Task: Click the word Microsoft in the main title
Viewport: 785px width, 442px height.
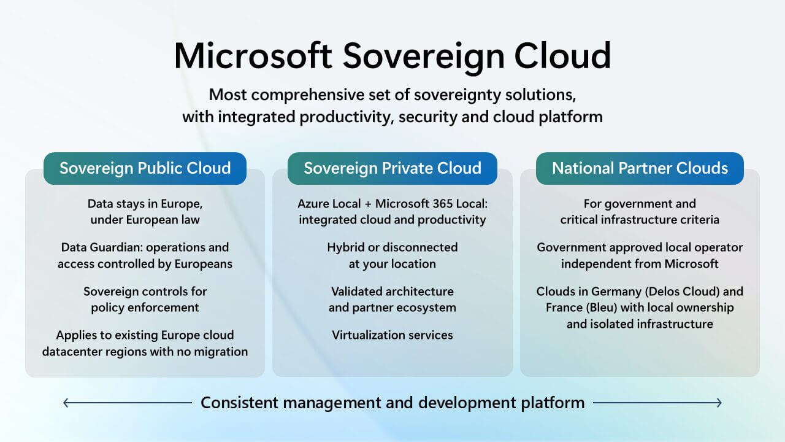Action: pos(253,56)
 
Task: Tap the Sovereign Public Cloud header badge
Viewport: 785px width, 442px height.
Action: pos(145,168)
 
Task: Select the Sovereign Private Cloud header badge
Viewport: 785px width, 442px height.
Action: pos(392,168)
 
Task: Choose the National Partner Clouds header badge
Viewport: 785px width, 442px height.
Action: pos(640,168)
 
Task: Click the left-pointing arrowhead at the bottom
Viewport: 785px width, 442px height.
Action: pos(66,403)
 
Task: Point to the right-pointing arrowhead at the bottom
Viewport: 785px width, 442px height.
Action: pos(719,403)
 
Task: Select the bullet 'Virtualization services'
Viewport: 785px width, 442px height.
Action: pos(392,335)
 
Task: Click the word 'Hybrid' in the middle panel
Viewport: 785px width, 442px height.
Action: pos(346,247)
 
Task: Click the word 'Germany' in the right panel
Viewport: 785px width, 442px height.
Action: pos(606,292)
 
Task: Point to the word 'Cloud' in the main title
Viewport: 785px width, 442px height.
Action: pos(562,56)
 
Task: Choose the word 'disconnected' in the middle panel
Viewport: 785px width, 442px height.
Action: pos(420,247)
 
